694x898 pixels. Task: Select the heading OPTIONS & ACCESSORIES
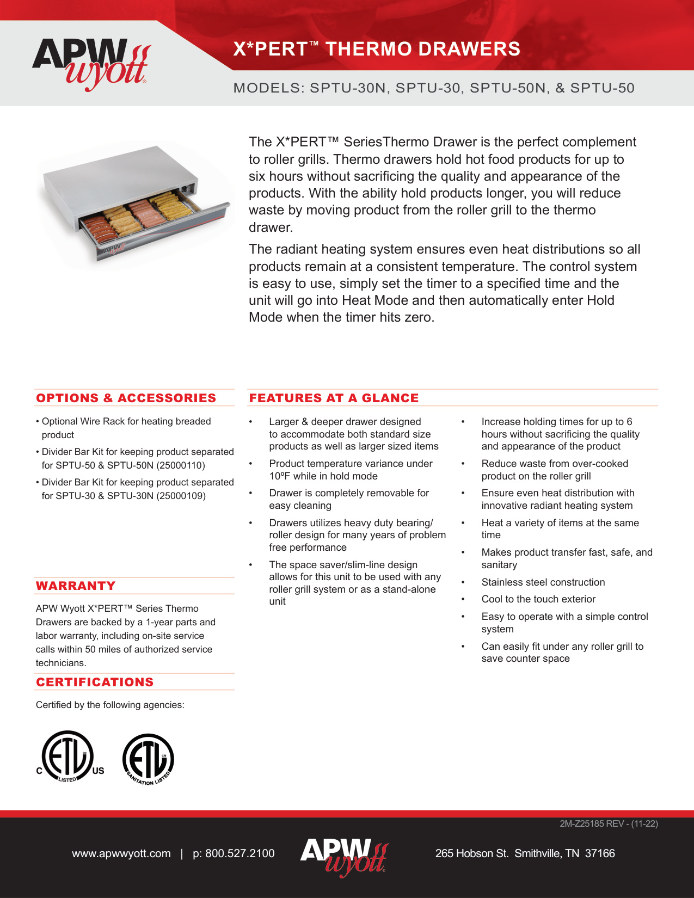click(126, 398)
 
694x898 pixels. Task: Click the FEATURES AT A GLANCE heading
click(334, 398)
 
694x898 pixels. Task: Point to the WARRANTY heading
click(76, 586)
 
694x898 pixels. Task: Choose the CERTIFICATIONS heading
click(95, 682)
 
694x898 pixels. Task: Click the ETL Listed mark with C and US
click(69, 758)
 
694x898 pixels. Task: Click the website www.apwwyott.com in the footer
click(121, 853)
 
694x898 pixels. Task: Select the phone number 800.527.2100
click(239, 853)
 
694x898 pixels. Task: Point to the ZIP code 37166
click(600, 853)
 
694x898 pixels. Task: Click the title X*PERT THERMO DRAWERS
click(377, 49)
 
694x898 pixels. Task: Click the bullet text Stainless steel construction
click(543, 582)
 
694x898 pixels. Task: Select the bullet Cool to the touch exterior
click(538, 599)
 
